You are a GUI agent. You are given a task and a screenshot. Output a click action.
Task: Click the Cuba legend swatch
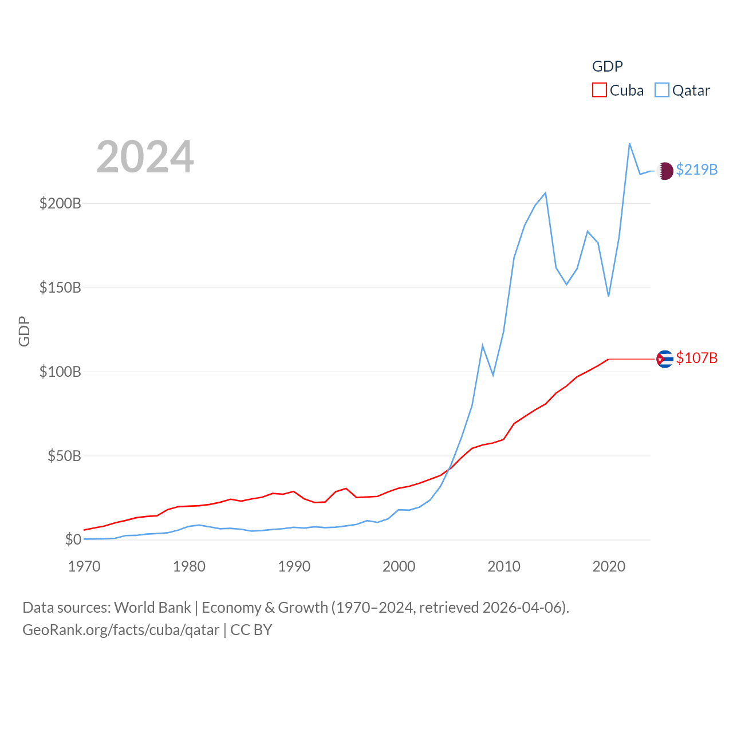pyautogui.click(x=599, y=90)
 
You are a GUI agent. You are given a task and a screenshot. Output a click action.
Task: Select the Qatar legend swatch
pyautogui.click(x=662, y=90)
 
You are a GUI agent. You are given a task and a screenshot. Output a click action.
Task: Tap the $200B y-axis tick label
pyautogui.click(x=60, y=204)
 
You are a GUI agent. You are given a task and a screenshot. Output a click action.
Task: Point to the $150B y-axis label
pyautogui.click(x=60, y=287)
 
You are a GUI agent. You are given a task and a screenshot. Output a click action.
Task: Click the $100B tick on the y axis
pyautogui.click(x=60, y=372)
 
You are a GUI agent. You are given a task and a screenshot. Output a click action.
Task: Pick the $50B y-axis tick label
pyautogui.click(x=64, y=456)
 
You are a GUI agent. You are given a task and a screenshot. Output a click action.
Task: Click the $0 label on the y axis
pyautogui.click(x=73, y=539)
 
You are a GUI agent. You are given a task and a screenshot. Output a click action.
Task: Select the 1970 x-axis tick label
pyautogui.click(x=84, y=567)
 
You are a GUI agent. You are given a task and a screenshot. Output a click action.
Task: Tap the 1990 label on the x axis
pyautogui.click(x=294, y=567)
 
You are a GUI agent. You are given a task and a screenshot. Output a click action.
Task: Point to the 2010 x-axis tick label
pyautogui.click(x=504, y=567)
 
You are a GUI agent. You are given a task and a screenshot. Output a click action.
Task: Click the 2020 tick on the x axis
pyautogui.click(x=609, y=567)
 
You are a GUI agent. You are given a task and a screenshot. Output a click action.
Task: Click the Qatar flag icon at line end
pyautogui.click(x=665, y=171)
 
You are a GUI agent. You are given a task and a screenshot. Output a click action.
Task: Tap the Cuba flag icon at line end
pyautogui.click(x=665, y=359)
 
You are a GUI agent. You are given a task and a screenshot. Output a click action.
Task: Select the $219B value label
pyautogui.click(x=696, y=170)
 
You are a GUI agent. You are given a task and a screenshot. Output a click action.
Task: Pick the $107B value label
pyautogui.click(x=696, y=358)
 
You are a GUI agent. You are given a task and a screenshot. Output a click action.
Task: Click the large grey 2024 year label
pyautogui.click(x=145, y=157)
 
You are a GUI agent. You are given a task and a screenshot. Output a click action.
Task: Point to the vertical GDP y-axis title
pyautogui.click(x=24, y=331)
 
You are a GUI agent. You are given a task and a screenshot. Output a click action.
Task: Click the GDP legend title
pyautogui.click(x=607, y=66)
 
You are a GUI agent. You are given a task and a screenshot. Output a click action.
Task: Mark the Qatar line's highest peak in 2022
pyautogui.click(x=629, y=144)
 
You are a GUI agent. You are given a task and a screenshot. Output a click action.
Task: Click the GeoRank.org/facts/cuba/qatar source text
pyautogui.click(x=121, y=630)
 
